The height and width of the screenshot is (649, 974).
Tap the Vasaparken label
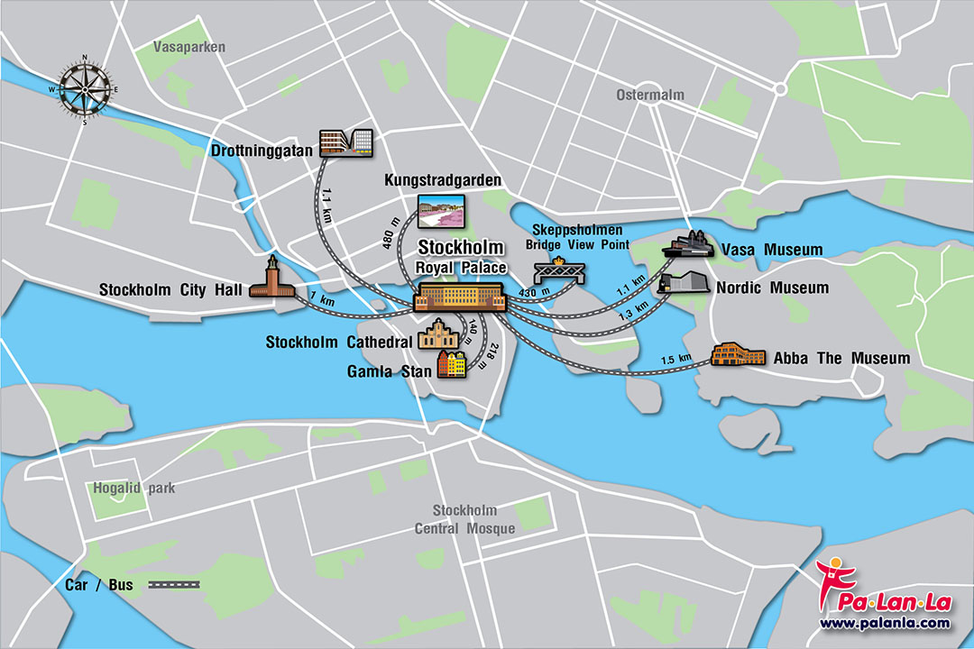tap(189, 47)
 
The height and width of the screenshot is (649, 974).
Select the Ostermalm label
tap(650, 95)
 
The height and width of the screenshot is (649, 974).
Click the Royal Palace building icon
tap(460, 297)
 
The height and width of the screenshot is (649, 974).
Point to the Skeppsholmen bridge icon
tap(560, 270)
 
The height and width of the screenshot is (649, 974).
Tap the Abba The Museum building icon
tap(737, 354)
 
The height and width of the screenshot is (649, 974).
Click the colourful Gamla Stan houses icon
tap(453, 365)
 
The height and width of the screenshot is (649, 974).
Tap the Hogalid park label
tap(133, 489)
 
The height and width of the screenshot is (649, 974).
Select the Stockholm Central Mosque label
tap(464, 519)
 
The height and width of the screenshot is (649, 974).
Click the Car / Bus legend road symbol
tap(174, 585)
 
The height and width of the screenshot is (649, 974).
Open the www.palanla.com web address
tap(884, 623)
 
